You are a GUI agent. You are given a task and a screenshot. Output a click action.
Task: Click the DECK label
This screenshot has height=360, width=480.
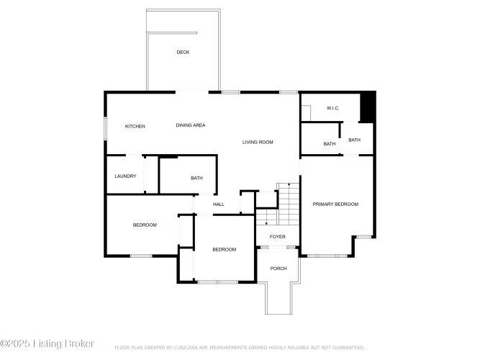coord(183,53)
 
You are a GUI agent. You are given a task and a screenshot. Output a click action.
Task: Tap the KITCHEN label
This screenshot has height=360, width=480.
coord(135,126)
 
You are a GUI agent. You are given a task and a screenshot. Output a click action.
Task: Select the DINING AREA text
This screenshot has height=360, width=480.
coord(191,125)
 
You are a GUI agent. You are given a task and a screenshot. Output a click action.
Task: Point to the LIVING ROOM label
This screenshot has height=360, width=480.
coord(258,142)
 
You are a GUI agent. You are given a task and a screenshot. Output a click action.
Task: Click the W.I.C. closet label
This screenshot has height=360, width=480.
coord(332,108)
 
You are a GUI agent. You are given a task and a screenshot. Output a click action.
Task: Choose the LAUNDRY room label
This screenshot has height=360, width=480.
coord(125,176)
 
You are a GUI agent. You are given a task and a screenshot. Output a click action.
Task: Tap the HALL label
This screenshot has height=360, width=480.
coord(219,204)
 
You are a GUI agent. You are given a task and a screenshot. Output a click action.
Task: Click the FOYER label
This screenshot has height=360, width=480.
coord(278,237)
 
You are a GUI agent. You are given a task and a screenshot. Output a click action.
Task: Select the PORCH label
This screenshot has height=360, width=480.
coord(279,269)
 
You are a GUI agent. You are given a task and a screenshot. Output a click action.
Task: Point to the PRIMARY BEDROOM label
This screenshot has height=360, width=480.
coord(335,204)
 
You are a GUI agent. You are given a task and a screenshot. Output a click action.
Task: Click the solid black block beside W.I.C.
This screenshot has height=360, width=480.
coord(368,107)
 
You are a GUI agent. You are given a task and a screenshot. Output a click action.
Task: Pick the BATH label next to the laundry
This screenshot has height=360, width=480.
coord(196,178)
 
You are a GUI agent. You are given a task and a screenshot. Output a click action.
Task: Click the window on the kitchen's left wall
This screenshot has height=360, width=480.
coord(105,129)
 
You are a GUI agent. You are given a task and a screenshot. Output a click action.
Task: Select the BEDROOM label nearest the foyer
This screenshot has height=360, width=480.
coord(225,249)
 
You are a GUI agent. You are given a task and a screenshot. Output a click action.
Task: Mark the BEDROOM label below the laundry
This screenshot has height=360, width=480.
coord(145,225)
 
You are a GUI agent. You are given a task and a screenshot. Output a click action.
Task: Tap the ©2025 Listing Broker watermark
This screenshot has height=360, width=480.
coord(47,343)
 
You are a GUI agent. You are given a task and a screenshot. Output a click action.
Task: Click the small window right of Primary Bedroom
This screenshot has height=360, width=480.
coord(364,237)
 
